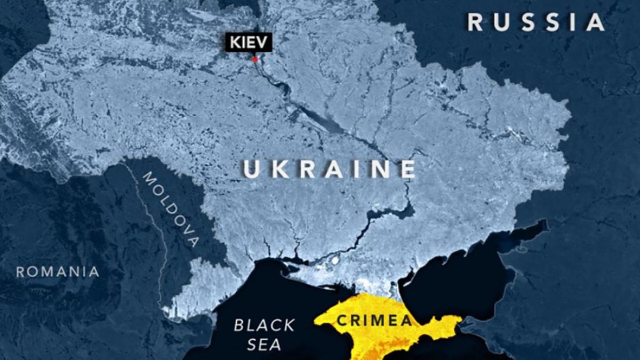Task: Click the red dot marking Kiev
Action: tap(255, 59)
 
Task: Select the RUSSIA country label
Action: tap(536, 22)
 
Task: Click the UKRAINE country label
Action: tap(330, 169)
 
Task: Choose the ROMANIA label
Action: tap(58, 272)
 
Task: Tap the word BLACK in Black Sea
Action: tap(264, 325)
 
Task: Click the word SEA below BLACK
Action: tap(264, 345)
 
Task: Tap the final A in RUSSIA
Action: tap(596, 22)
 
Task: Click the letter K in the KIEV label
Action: tap(235, 42)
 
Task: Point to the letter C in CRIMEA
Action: tap(341, 321)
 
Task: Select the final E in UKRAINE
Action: tap(407, 169)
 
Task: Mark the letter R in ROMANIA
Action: tap(20, 272)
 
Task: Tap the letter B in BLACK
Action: tap(239, 325)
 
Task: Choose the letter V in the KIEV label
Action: tap(263, 42)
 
